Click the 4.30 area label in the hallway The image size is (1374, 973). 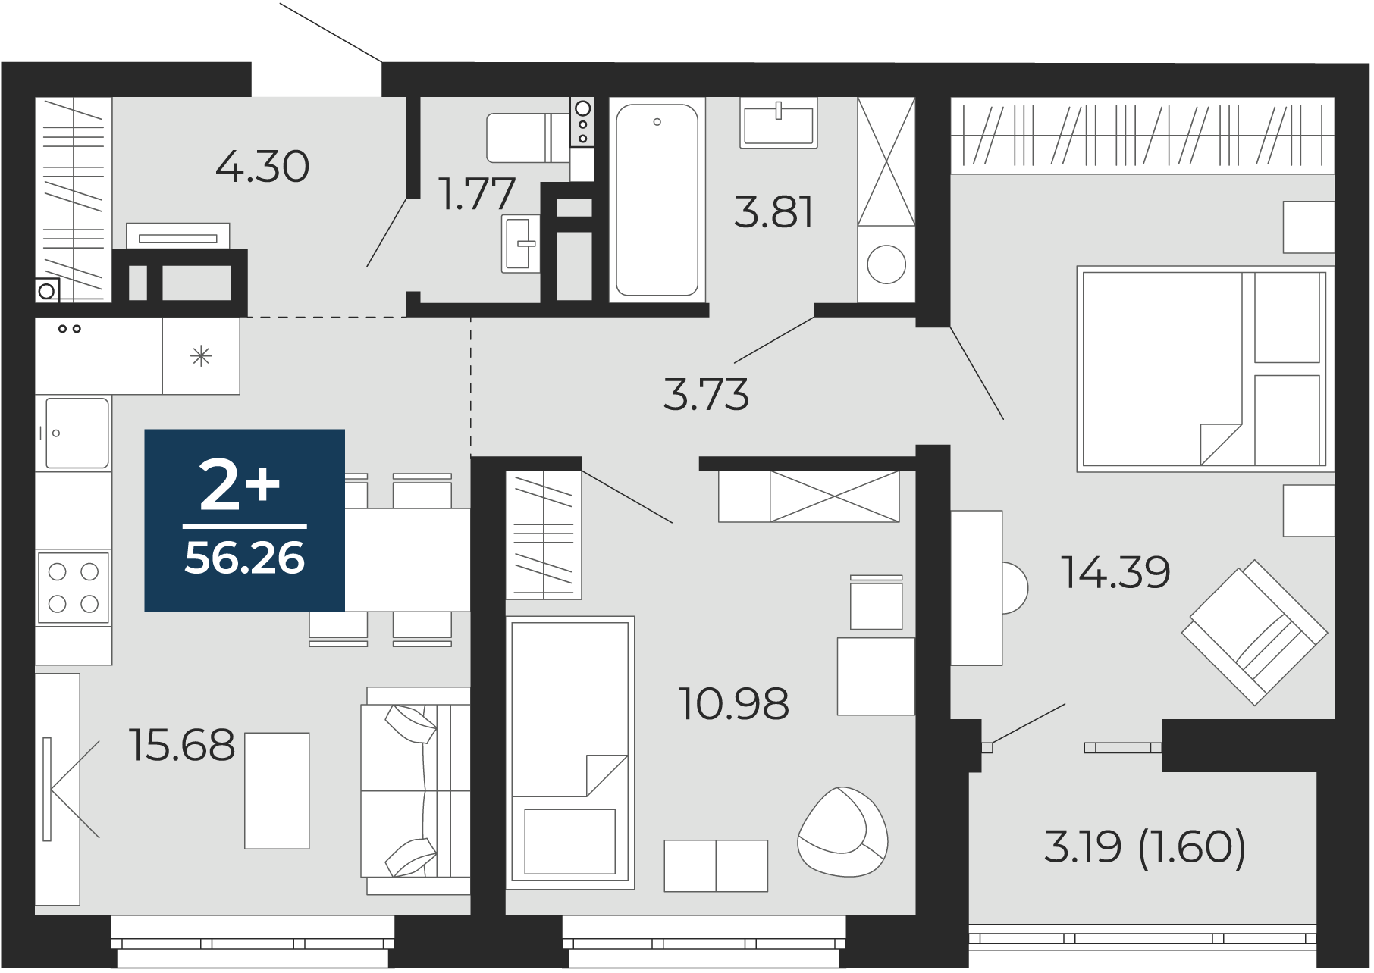262,167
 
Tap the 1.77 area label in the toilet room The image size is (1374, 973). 478,193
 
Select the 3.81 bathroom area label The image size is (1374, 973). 773,212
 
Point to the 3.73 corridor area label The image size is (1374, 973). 706,395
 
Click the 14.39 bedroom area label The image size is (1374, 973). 1115,572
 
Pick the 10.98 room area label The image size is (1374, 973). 734,704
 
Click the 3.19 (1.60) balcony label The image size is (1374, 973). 1145,846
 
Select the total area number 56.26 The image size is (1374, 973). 244,559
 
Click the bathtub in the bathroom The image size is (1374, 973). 657,199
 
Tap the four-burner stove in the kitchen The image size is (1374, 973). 74,587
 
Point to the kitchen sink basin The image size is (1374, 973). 77,433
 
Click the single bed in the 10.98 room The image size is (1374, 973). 570,752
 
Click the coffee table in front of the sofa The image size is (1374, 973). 277,790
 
